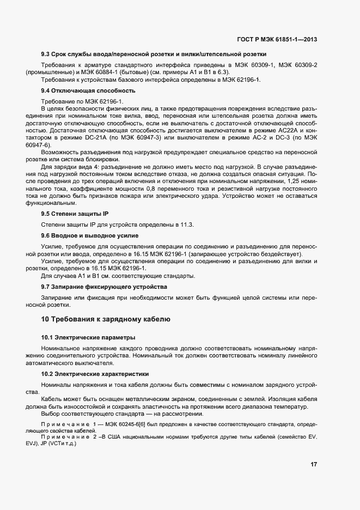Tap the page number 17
(314, 464)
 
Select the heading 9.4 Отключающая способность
(88, 90)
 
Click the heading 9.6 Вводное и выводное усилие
(90, 235)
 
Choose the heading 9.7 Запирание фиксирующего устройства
(104, 287)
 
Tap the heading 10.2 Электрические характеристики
(95, 374)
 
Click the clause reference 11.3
(187, 224)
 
